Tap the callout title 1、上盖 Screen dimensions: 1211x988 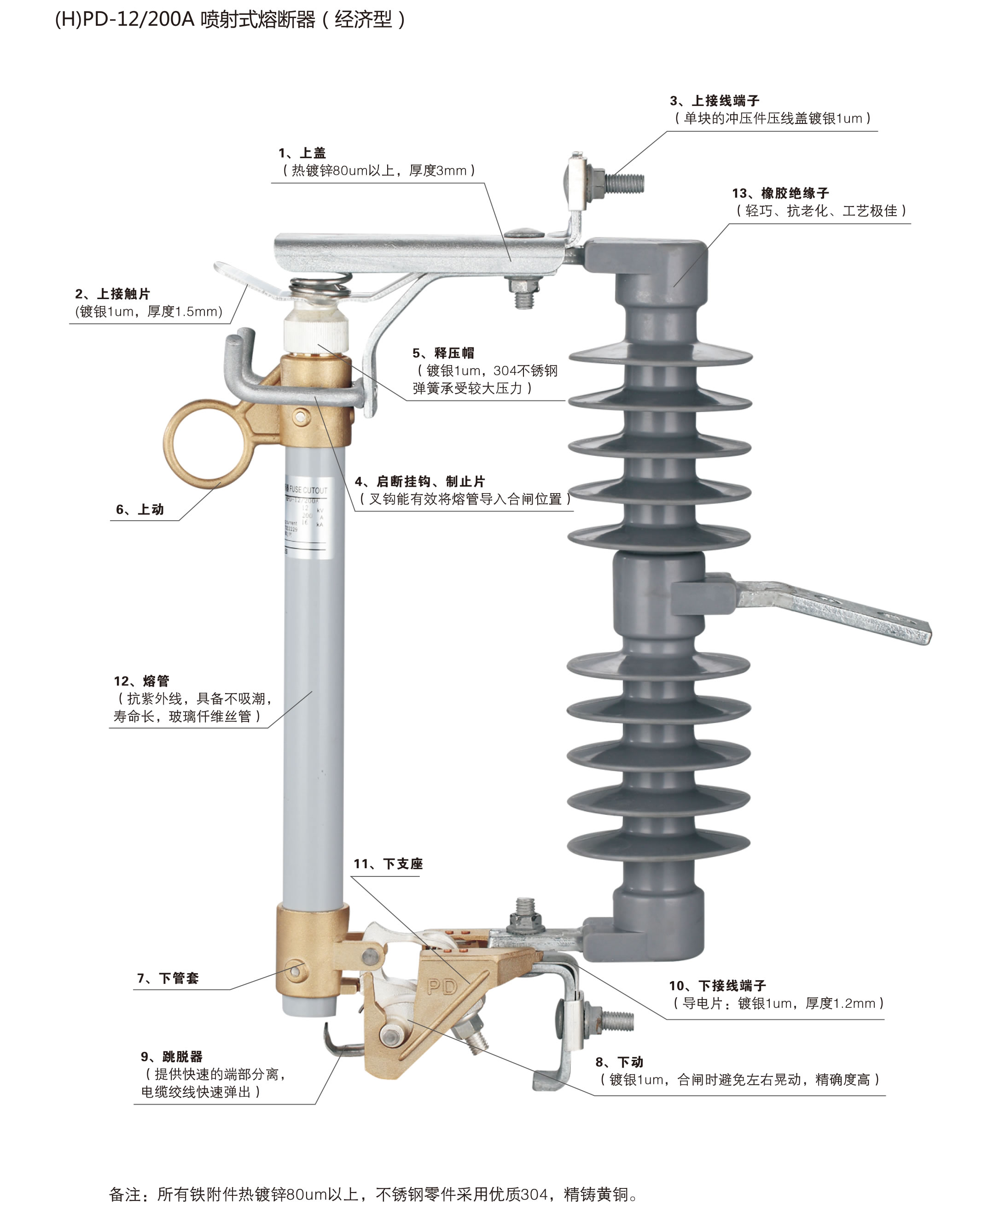(x=302, y=153)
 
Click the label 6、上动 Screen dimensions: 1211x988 (x=140, y=509)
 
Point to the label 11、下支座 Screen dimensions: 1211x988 (x=388, y=864)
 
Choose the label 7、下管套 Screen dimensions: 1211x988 (x=168, y=978)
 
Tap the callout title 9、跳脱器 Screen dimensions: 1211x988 (x=172, y=1057)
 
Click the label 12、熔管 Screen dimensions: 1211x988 (x=142, y=681)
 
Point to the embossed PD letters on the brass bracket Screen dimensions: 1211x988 (x=442, y=987)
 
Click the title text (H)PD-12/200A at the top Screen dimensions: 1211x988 (x=125, y=20)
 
